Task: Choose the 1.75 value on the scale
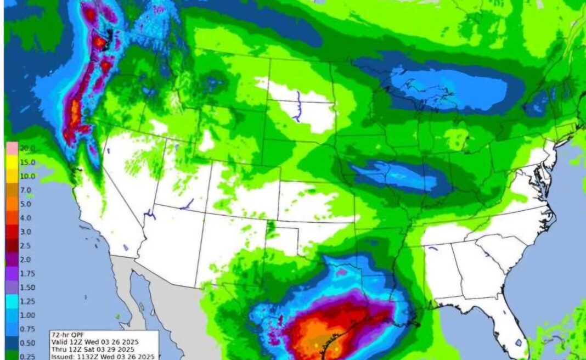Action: coord(28,273)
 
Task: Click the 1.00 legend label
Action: coord(28,315)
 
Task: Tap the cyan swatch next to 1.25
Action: coord(11,301)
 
